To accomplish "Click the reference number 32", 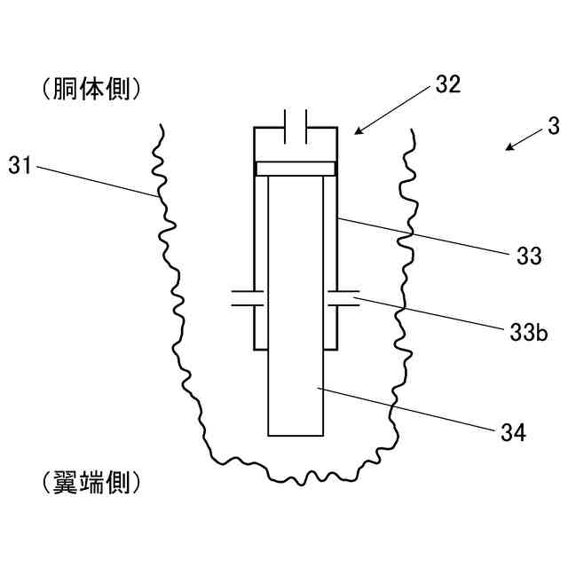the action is point(448,86).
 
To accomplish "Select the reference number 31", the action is point(20,164).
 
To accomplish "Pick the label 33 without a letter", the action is point(529,256).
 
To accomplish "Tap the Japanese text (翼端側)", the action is point(91,483).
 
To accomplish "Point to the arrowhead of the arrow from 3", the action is point(508,148).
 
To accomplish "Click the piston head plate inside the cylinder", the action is point(296,167).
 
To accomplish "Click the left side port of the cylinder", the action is point(243,298).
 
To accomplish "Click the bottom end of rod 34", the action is point(296,434).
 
